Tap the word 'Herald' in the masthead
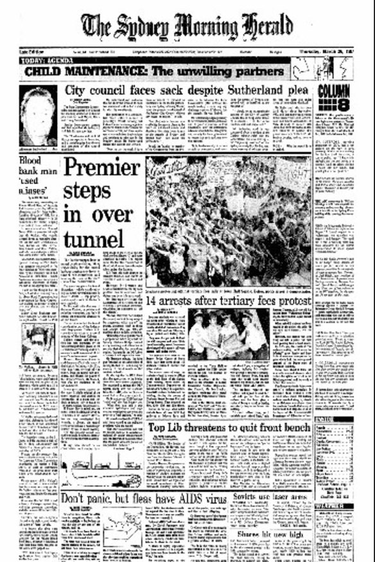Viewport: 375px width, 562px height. coord(259,27)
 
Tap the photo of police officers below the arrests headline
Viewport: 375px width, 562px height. coord(229,334)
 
